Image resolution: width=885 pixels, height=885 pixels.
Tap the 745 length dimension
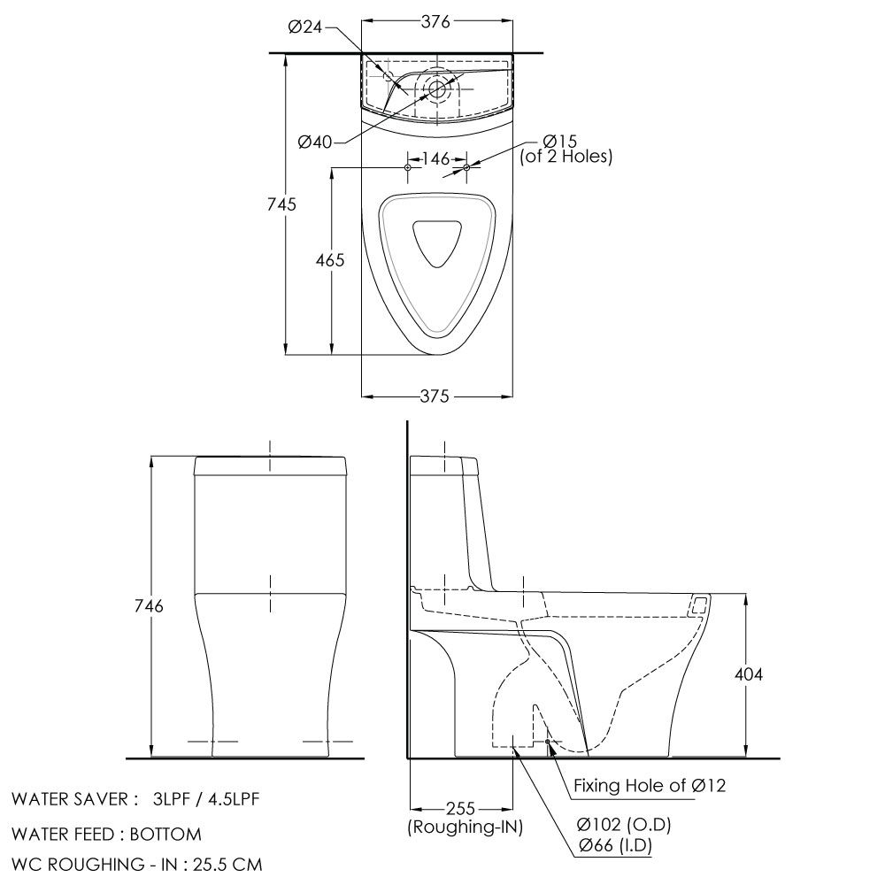281,204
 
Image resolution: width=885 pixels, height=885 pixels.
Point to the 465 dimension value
329,261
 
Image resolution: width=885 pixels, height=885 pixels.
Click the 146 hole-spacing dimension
436,159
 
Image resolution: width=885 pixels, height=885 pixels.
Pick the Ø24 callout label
305,28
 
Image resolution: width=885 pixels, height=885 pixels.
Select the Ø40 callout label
316,142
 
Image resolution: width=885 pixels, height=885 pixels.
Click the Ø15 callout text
560,141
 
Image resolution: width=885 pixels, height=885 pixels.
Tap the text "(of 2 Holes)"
566,157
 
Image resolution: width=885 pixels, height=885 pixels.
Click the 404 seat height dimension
749,674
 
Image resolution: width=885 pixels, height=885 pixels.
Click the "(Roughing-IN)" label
465,827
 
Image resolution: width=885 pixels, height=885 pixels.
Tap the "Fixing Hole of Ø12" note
650,785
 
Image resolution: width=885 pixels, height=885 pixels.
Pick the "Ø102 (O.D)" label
624,826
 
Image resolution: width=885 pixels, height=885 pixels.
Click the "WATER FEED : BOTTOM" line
106,834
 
